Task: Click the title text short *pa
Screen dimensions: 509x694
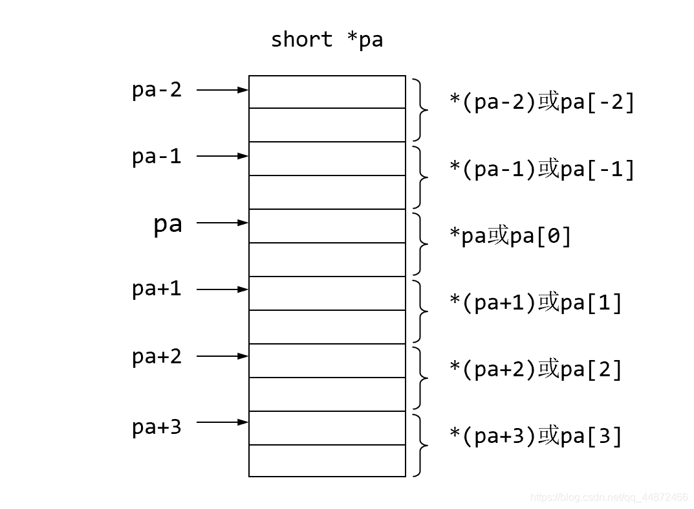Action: point(327,40)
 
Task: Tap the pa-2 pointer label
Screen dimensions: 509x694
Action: point(157,89)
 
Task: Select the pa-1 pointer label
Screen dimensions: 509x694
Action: point(157,156)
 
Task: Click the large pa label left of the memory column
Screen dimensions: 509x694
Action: point(168,224)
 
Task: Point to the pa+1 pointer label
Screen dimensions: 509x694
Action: point(157,289)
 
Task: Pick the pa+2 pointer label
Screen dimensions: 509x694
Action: point(157,356)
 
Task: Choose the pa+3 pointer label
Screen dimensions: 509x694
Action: point(157,427)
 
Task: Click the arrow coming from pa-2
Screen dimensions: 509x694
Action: point(222,90)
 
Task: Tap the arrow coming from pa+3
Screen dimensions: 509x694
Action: point(222,422)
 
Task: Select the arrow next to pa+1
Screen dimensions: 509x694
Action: point(222,289)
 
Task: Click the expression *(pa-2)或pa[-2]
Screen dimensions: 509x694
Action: point(542,102)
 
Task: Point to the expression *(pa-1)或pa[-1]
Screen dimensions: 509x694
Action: point(542,169)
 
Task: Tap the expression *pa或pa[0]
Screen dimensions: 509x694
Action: point(510,236)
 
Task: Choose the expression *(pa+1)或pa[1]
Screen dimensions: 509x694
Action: point(536,303)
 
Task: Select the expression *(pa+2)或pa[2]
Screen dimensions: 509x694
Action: point(536,370)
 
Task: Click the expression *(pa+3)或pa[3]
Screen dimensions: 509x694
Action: point(536,436)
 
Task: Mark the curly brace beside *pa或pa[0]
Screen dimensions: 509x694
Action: point(421,243)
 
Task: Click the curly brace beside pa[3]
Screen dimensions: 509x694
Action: point(421,445)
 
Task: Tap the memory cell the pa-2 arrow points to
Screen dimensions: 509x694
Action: point(327,92)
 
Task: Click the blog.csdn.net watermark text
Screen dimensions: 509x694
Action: point(609,497)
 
